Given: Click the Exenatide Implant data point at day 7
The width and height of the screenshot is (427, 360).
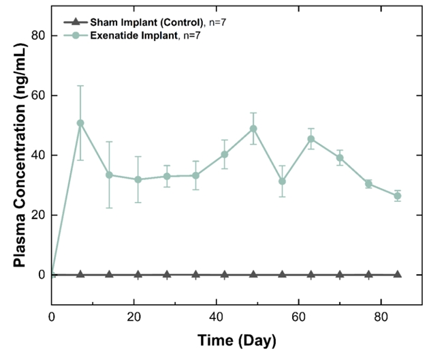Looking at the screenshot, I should [x=80, y=123].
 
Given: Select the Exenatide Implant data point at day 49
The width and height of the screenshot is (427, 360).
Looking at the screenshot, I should [x=253, y=129].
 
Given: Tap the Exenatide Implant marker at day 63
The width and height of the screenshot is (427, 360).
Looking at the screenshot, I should [x=311, y=139].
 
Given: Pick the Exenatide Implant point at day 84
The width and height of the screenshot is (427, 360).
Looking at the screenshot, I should [x=398, y=196].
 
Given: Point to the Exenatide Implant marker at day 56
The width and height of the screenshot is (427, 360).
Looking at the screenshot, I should [x=282, y=181].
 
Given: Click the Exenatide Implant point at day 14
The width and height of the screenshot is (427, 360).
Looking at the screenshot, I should [x=109, y=175].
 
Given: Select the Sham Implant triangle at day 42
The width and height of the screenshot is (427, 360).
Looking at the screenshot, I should [x=225, y=274].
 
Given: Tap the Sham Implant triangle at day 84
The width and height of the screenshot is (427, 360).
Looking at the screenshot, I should [x=398, y=274].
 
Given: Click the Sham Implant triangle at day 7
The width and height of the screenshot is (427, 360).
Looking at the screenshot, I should [x=80, y=274].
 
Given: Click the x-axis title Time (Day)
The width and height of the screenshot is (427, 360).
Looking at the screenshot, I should [x=236, y=340].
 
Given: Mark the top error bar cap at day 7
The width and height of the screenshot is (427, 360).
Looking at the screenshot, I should [x=80, y=86].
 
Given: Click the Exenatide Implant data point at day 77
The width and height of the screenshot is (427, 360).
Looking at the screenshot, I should [x=368, y=183].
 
